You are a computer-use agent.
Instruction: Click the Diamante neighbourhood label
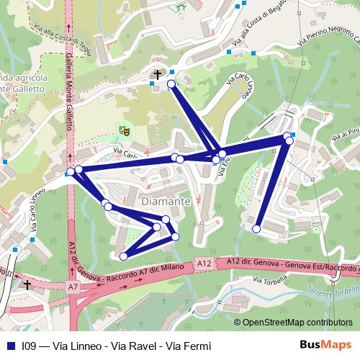pos(166,202)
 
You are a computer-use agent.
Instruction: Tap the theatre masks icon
pos(124,130)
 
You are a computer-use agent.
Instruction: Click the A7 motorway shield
pos(73,287)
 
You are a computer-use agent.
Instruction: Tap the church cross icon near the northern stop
pos(156,74)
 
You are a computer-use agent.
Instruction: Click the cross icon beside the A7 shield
pos(27,285)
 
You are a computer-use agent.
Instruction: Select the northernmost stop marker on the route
pos(171,84)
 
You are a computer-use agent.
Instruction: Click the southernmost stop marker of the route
pos(124,256)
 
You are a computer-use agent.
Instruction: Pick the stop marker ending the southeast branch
pos(256,229)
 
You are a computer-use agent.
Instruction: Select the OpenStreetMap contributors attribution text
pos(297,323)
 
